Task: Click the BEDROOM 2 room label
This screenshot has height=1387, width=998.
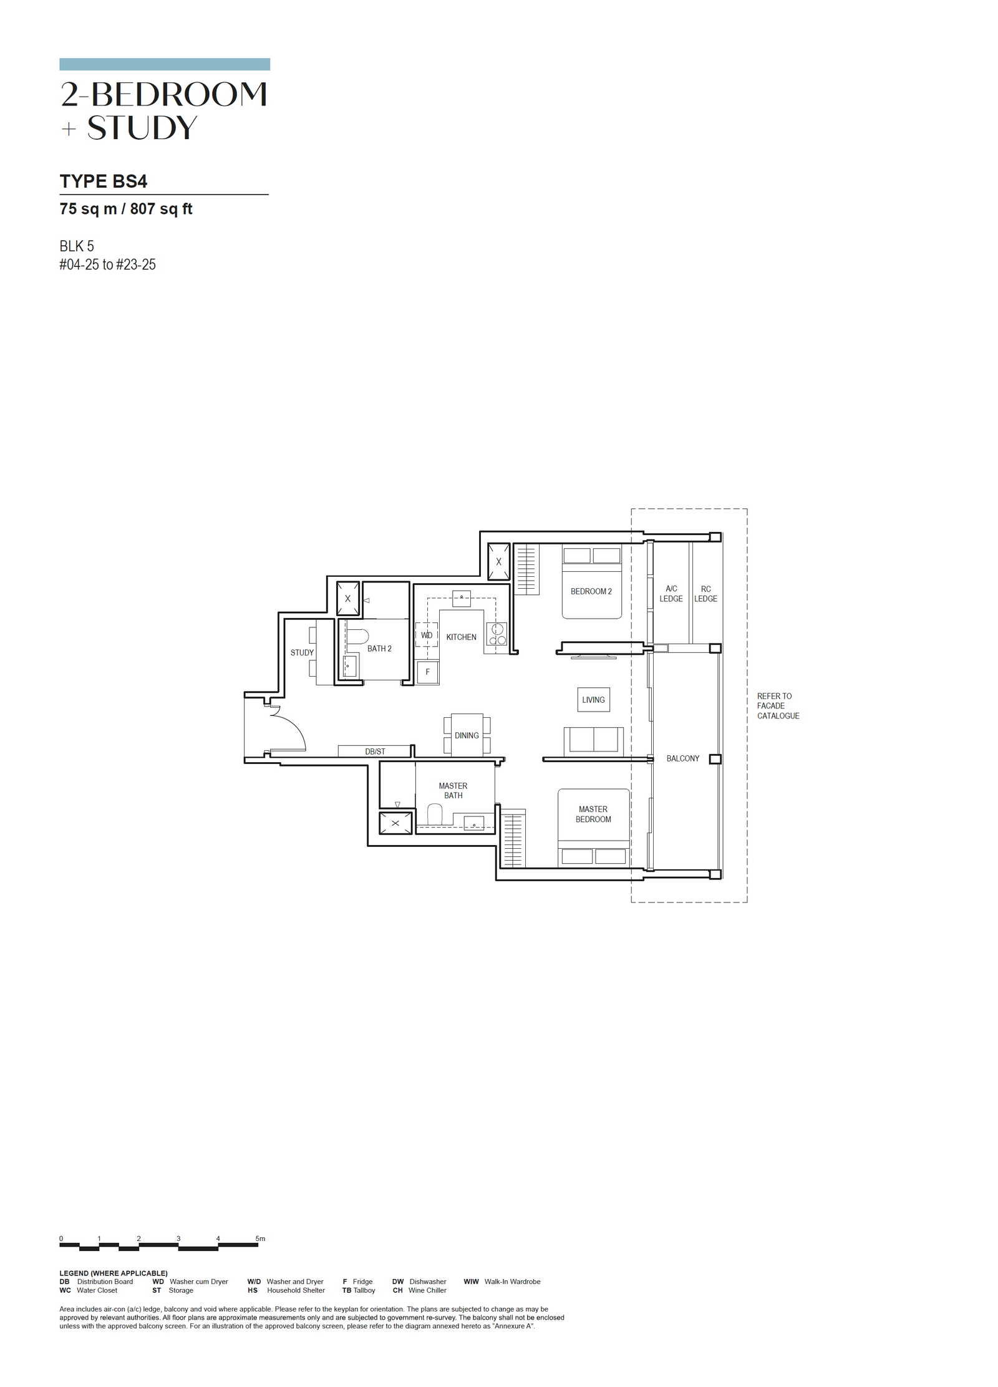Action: point(591,591)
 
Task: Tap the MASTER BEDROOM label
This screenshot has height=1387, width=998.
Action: point(593,814)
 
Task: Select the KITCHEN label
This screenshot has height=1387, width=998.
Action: point(461,637)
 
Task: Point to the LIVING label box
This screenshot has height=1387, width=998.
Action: point(593,700)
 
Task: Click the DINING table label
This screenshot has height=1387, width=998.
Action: point(467,735)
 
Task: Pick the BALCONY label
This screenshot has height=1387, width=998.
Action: point(682,758)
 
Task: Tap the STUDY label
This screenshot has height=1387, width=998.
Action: point(302,652)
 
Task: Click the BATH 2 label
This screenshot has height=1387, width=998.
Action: point(379,649)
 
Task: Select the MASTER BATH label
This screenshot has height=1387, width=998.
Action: point(453,791)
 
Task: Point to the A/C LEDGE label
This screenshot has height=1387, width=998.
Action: point(671,594)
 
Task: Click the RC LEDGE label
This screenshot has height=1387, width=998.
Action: point(705,594)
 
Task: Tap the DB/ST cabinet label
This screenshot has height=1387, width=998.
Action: point(375,751)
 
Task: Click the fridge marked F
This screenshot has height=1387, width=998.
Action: point(427,672)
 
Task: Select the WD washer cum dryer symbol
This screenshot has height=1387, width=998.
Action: point(427,636)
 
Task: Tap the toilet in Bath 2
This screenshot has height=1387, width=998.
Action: point(357,636)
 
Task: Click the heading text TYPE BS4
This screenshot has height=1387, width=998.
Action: point(104,181)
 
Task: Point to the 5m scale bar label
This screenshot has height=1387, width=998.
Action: point(260,1239)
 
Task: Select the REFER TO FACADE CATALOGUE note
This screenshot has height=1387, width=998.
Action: point(778,706)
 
